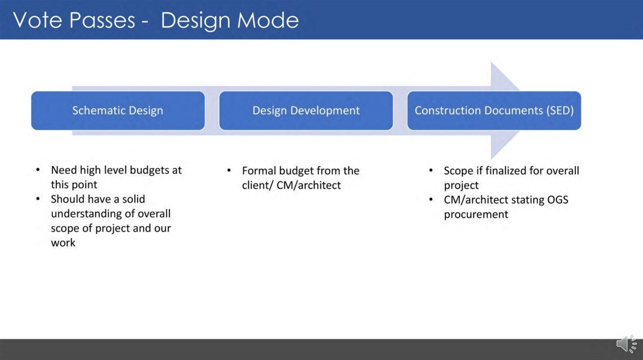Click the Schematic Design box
tap(118, 110)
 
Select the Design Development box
tap(306, 110)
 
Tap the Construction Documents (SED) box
tap(494, 110)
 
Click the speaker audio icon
tap(626, 344)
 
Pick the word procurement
tap(476, 214)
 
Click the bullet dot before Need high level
tap(38, 170)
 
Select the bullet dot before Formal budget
tap(229, 171)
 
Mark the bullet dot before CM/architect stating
tap(431, 200)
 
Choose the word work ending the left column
tap(63, 243)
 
